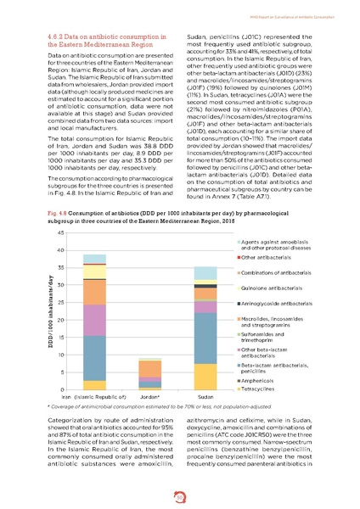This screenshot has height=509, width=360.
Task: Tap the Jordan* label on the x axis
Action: [x=126, y=396]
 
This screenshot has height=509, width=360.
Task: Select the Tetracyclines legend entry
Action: [x=265, y=388]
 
